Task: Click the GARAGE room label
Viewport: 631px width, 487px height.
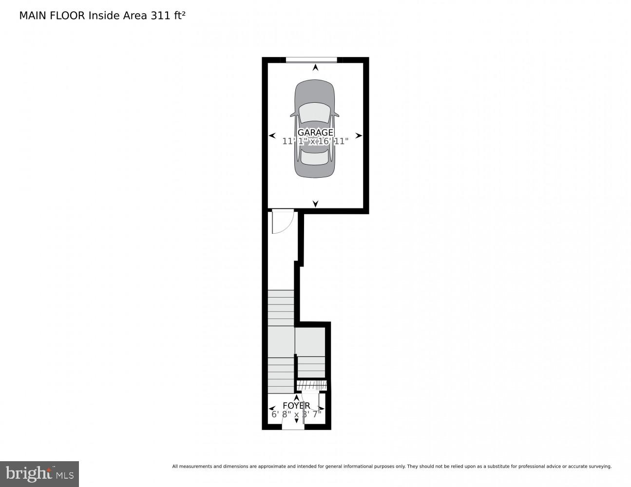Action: pos(315,132)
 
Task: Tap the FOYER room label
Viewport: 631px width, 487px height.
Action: pos(296,406)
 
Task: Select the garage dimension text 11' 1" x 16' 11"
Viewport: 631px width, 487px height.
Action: pos(315,141)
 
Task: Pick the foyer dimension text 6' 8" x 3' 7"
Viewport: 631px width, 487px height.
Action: pos(296,414)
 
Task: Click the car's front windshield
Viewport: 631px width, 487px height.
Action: pos(315,113)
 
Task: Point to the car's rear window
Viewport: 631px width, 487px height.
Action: pos(315,157)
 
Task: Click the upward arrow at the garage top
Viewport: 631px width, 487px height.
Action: pos(315,68)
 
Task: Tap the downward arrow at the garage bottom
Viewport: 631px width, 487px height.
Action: pos(315,203)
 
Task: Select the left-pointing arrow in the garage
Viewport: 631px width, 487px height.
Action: pos(272,136)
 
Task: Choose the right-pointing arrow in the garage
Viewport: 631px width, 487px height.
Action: pos(359,136)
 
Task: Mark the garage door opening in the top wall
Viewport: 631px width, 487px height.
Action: pos(311,60)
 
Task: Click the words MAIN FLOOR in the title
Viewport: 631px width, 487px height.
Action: pos(52,16)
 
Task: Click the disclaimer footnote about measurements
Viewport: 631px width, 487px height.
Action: pos(391,467)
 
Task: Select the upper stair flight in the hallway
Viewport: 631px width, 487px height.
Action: pos(281,308)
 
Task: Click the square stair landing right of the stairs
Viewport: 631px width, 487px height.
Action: pos(310,342)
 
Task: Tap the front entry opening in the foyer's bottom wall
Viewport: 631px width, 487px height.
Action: pos(293,427)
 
